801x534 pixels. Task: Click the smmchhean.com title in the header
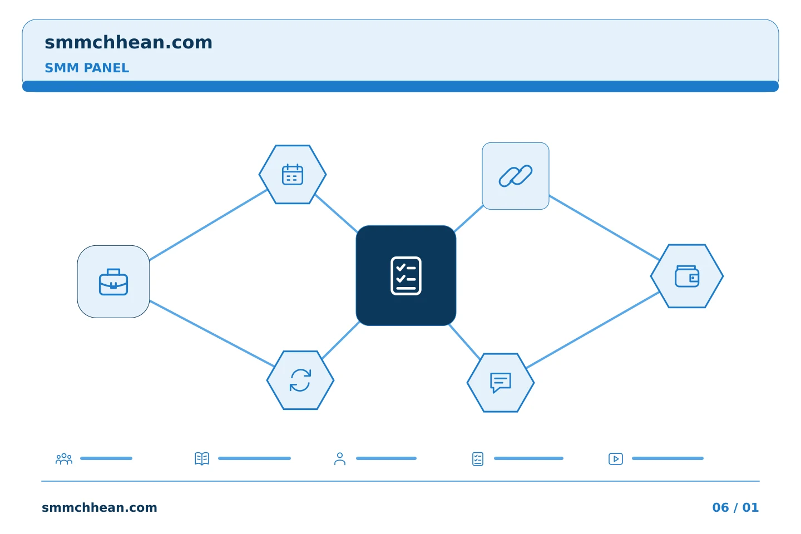point(128,42)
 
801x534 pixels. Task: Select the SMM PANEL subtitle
point(87,68)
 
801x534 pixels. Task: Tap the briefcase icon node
point(113,282)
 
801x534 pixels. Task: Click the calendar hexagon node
point(293,175)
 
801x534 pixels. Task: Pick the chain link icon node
point(515,176)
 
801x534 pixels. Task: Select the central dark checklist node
point(406,275)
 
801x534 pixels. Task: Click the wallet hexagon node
point(687,276)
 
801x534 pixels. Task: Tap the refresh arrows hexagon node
point(300,380)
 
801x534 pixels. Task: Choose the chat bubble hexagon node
point(501,383)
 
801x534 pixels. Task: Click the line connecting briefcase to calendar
point(208,225)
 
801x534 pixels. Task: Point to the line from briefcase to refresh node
point(212,334)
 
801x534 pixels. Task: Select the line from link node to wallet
point(604,228)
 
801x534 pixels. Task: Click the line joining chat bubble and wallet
point(593,330)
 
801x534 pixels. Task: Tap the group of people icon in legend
point(64,458)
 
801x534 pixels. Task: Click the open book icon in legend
point(202,458)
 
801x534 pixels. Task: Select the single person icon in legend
point(340,459)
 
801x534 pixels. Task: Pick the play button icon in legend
point(616,459)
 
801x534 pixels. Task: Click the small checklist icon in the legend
point(478,459)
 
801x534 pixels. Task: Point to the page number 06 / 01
point(735,507)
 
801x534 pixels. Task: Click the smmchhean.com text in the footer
point(100,507)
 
